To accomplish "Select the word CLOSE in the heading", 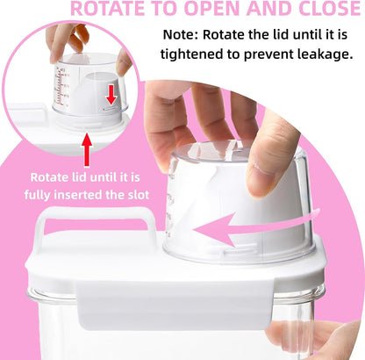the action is tap(327, 8).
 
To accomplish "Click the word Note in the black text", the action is tap(180, 34).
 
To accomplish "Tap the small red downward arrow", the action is tap(111, 95).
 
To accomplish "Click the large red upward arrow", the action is tap(87, 150).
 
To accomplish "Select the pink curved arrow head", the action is tap(215, 230).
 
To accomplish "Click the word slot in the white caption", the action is tap(139, 195).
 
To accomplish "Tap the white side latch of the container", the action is tap(174, 305).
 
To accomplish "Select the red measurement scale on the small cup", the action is tap(61, 87).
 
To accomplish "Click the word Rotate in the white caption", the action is tap(48, 177).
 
